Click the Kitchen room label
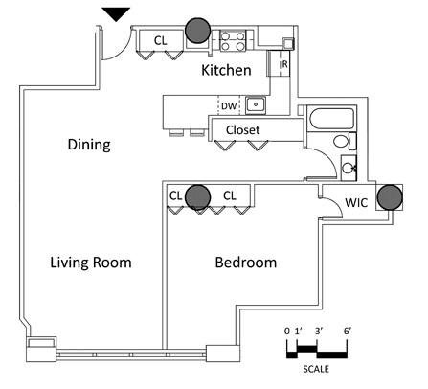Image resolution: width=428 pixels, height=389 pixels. [226, 70]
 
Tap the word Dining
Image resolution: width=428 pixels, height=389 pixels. [89, 145]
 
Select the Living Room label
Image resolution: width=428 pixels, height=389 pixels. [91, 263]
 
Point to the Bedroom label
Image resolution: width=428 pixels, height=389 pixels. [246, 263]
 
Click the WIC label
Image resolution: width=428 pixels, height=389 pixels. [356, 202]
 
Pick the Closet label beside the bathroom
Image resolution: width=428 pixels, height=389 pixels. [242, 130]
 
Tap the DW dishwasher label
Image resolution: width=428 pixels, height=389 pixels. [229, 106]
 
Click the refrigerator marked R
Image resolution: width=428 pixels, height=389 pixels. [280, 63]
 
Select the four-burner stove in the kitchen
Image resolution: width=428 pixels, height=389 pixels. [233, 40]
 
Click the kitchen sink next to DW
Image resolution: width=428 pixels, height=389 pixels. [256, 104]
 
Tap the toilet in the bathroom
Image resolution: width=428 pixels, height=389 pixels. [345, 141]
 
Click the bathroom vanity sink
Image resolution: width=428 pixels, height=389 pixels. [349, 168]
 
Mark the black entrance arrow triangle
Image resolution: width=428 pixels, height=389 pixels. [116, 14]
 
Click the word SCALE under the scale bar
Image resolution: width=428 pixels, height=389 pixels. [316, 369]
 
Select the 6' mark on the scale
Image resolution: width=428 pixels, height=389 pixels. [348, 332]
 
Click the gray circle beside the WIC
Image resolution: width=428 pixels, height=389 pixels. [390, 197]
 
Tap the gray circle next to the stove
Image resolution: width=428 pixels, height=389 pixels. [198, 31]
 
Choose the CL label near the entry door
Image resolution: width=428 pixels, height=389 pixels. [160, 40]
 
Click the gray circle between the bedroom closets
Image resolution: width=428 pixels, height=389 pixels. [198, 197]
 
